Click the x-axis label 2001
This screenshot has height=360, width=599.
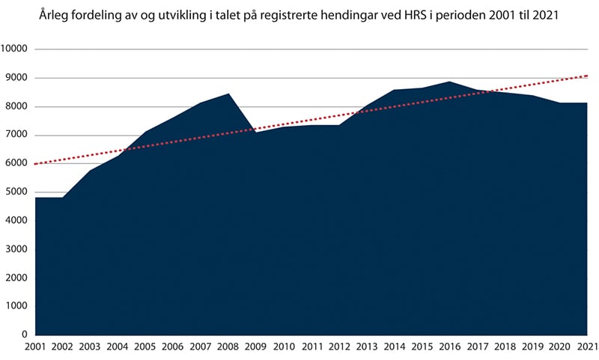[35, 347]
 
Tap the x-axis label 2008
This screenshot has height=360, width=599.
[228, 347]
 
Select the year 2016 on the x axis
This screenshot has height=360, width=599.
[449, 347]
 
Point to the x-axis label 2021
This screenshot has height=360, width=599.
[586, 347]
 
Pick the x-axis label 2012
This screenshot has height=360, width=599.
[338, 347]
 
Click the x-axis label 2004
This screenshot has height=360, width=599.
[118, 347]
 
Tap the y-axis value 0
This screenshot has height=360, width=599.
[25, 335]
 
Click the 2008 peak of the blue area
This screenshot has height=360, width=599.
[228, 94]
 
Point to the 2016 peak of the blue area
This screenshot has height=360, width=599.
[449, 82]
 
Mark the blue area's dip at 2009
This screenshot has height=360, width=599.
[256, 132]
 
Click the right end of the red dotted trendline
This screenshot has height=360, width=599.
[587, 76]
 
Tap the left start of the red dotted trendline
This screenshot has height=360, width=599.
[36, 163]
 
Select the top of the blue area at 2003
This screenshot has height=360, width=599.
[91, 171]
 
